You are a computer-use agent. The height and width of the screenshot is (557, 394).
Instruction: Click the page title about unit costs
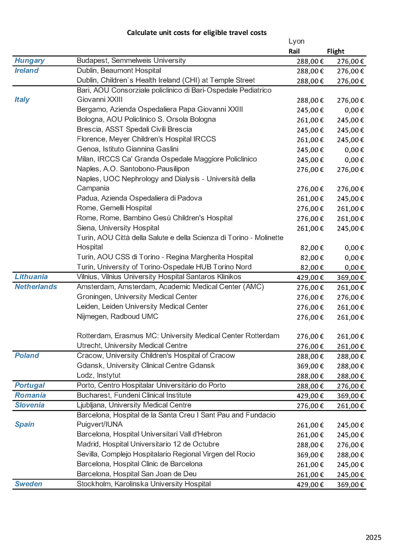point(197,33)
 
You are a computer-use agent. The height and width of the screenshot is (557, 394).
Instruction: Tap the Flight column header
point(335,51)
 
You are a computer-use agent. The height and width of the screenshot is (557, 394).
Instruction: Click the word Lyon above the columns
point(296,41)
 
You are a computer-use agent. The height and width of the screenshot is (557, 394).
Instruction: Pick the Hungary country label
point(29,61)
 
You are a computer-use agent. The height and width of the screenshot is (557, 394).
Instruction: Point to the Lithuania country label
point(31,277)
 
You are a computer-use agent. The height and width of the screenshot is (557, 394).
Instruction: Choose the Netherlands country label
point(36,287)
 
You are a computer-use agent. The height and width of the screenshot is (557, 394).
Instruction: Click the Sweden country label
point(28,484)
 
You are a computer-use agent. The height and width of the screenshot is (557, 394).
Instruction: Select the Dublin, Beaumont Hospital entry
point(119,71)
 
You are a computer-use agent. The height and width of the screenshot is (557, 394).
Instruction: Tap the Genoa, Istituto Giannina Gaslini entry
point(127,149)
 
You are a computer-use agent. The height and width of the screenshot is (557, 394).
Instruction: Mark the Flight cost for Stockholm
point(350,484)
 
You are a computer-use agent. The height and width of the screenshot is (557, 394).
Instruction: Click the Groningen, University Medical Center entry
point(137,297)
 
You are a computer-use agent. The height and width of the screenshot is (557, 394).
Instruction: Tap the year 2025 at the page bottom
point(373,537)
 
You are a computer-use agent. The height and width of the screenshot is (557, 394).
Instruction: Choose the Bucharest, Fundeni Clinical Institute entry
point(134,395)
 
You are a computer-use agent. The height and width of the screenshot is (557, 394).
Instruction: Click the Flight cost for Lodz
point(350,376)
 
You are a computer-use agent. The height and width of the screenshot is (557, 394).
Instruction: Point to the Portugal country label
point(29,385)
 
